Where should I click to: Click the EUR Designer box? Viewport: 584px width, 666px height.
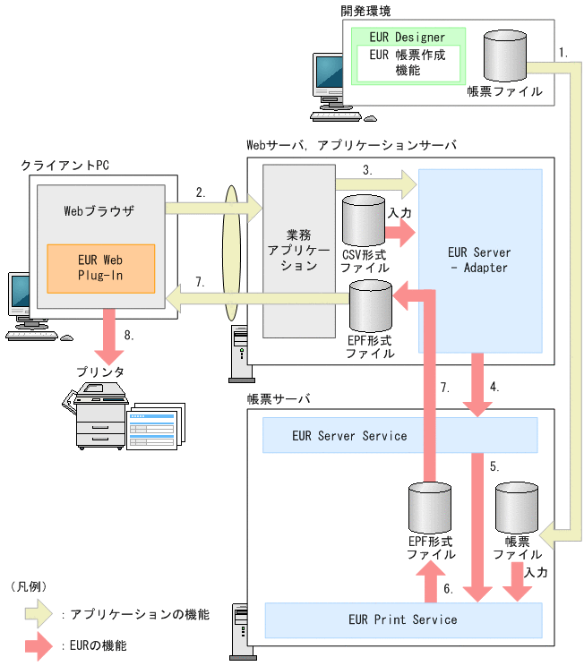point(408,38)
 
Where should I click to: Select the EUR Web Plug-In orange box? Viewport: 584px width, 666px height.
point(100,266)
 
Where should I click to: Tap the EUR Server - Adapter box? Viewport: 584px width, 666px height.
point(479,260)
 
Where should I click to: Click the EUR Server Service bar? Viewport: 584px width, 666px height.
point(399,436)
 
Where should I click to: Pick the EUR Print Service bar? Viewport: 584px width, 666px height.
point(403,619)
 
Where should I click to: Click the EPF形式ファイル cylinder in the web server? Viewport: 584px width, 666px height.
point(370,309)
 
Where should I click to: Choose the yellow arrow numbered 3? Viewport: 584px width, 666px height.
point(376,184)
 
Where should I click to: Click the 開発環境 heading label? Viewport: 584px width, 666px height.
point(366,12)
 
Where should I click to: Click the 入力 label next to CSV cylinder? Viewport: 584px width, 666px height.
point(399,213)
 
